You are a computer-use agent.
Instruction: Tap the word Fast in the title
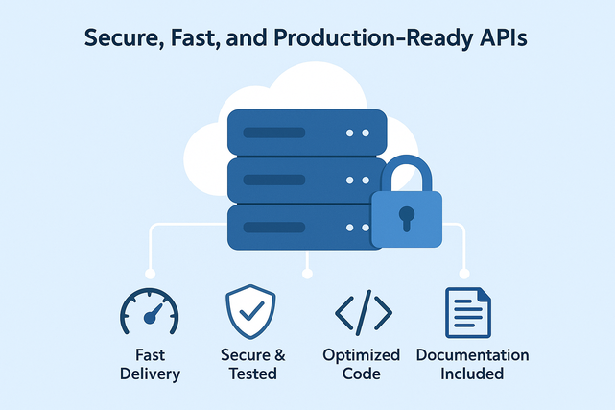click(x=195, y=40)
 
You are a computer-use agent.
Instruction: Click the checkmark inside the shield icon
click(x=250, y=313)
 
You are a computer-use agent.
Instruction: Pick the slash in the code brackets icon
click(x=363, y=313)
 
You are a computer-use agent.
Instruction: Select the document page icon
click(x=468, y=313)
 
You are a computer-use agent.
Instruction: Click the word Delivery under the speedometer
click(x=150, y=374)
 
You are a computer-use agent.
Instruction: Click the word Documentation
click(x=472, y=355)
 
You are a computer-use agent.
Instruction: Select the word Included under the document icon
click(x=472, y=374)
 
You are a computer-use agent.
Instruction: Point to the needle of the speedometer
click(x=153, y=313)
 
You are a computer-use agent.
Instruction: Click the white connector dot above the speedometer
click(x=149, y=274)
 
